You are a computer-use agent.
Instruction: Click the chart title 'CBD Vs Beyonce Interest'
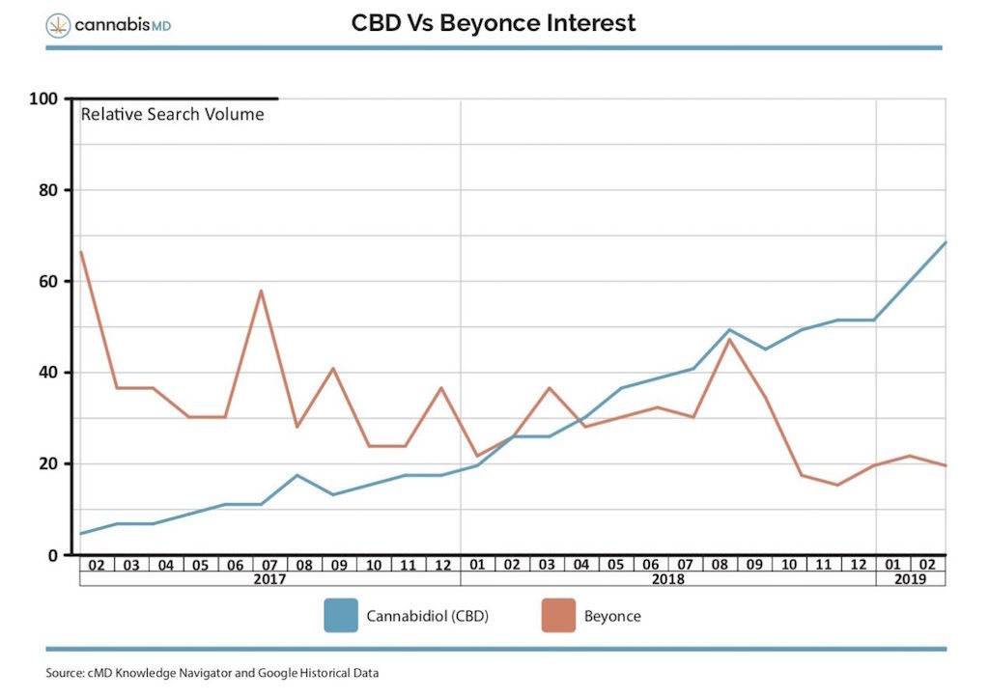point(494,23)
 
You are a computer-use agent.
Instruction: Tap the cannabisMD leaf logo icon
point(58,25)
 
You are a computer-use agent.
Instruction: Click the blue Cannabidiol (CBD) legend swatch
point(340,615)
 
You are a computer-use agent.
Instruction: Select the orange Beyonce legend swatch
point(558,615)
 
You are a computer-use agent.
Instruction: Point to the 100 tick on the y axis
point(45,98)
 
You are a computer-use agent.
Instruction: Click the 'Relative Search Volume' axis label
point(172,114)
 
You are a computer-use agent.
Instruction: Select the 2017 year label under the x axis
point(269,579)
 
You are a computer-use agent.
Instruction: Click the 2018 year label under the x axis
point(668,579)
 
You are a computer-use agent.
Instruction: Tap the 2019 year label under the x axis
point(911,579)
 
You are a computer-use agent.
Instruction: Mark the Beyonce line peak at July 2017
point(261,291)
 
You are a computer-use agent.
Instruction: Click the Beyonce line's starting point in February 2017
point(81,252)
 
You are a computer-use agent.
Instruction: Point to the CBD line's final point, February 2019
point(945,242)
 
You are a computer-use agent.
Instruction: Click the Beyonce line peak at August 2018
point(729,339)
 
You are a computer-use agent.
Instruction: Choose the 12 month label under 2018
point(859,564)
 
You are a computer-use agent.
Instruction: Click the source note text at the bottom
point(212,673)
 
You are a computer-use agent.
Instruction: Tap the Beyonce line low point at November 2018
point(837,485)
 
